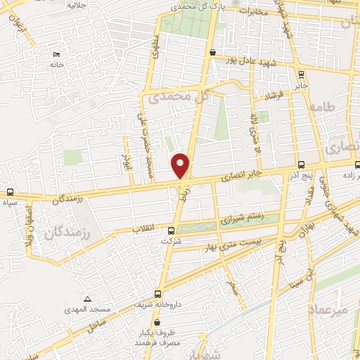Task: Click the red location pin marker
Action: [x=180, y=165]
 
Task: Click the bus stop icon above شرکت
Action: [x=172, y=231]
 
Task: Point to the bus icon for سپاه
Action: [x=10, y=192]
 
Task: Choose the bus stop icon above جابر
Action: [x=300, y=75]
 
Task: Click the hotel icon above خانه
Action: [x=56, y=55]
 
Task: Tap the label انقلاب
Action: [x=146, y=229]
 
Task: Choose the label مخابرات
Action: [x=252, y=12]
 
